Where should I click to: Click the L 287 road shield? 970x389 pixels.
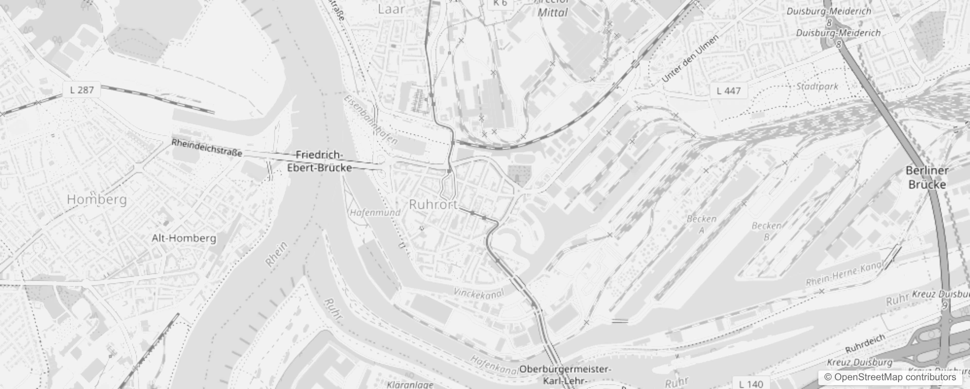pyautogui.click(x=82, y=89)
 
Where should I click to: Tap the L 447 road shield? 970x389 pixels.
pyautogui.click(x=729, y=90)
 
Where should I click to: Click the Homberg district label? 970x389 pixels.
pyautogui.click(x=97, y=199)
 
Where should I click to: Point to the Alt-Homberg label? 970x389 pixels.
pyautogui.click(x=184, y=238)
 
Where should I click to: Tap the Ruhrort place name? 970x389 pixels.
pyautogui.click(x=433, y=205)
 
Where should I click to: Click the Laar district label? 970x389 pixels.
pyautogui.click(x=391, y=9)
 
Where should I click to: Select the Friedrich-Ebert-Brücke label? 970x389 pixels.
pyautogui.click(x=320, y=161)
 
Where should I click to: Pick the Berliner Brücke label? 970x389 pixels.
pyautogui.click(x=927, y=177)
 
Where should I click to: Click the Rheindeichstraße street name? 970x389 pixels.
pyautogui.click(x=207, y=148)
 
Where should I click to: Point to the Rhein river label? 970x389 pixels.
pyautogui.click(x=277, y=254)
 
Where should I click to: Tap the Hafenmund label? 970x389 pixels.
pyautogui.click(x=375, y=212)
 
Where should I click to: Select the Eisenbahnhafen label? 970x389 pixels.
pyautogui.click(x=370, y=120)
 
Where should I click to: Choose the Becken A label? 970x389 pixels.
pyautogui.click(x=701, y=224)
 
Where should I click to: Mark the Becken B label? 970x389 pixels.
pyautogui.click(x=766, y=231)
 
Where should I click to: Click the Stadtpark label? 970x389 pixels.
pyautogui.click(x=817, y=87)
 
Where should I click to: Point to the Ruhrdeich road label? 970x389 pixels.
pyautogui.click(x=865, y=343)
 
